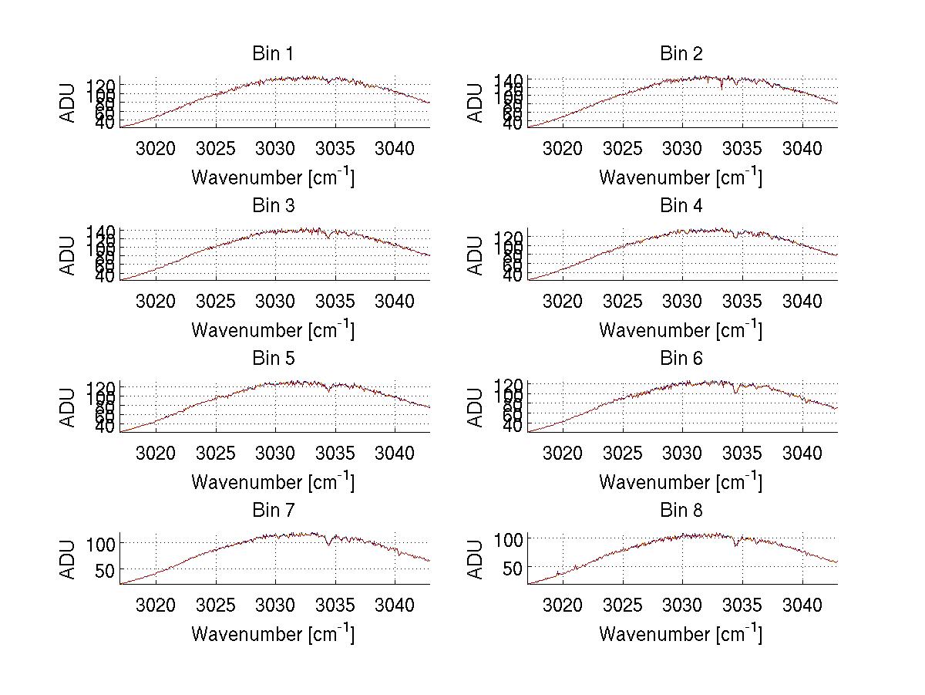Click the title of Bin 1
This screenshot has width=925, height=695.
[x=273, y=54]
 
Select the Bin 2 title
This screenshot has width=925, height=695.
[x=681, y=54]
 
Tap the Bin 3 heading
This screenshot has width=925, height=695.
[x=273, y=206]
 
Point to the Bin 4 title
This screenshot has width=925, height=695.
[x=681, y=206]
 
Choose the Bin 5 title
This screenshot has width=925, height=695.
[x=273, y=359]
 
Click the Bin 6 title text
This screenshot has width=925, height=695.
[x=681, y=359]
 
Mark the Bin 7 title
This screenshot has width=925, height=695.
[x=273, y=511]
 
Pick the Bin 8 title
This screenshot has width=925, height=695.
[x=681, y=511]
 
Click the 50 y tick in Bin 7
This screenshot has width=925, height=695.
[x=105, y=570]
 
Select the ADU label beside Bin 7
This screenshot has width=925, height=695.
[x=69, y=559]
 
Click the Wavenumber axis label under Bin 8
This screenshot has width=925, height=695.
[x=681, y=634]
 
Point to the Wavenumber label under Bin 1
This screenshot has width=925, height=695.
[x=273, y=177]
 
